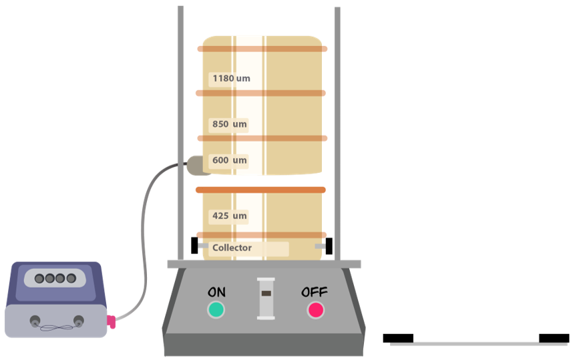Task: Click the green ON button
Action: (x=216, y=310)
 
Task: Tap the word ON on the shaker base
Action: (x=216, y=292)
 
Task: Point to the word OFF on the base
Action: (x=315, y=292)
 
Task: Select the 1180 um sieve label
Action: (x=231, y=79)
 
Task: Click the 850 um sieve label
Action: (x=230, y=124)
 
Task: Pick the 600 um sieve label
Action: (x=230, y=160)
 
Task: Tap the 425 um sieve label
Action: (x=230, y=216)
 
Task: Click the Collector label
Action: (x=232, y=248)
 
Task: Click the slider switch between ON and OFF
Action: (x=266, y=297)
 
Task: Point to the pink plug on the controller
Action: (x=111, y=322)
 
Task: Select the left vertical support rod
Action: (x=181, y=134)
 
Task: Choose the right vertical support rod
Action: (x=337, y=134)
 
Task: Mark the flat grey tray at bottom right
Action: (x=478, y=344)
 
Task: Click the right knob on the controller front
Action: (x=79, y=320)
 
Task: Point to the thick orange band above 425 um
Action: (x=260, y=190)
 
